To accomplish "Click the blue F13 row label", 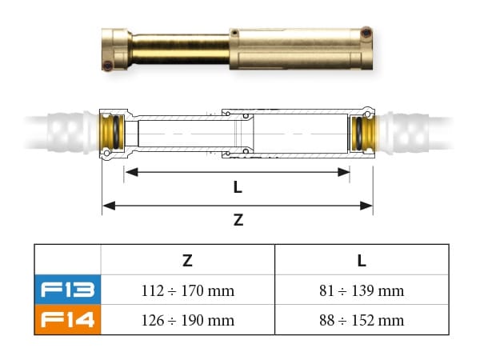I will coord(67,290).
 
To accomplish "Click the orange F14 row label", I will coord(67,320).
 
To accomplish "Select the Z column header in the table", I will coord(187,260).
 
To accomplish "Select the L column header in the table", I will coord(362,260).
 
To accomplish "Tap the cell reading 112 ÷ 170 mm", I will coord(187,290).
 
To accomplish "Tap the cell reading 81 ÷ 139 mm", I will coord(362,290).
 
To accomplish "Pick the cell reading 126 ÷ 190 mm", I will coord(187,321).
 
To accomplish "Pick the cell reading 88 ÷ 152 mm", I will coord(362,321).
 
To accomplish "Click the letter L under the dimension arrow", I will coord(238,187).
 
